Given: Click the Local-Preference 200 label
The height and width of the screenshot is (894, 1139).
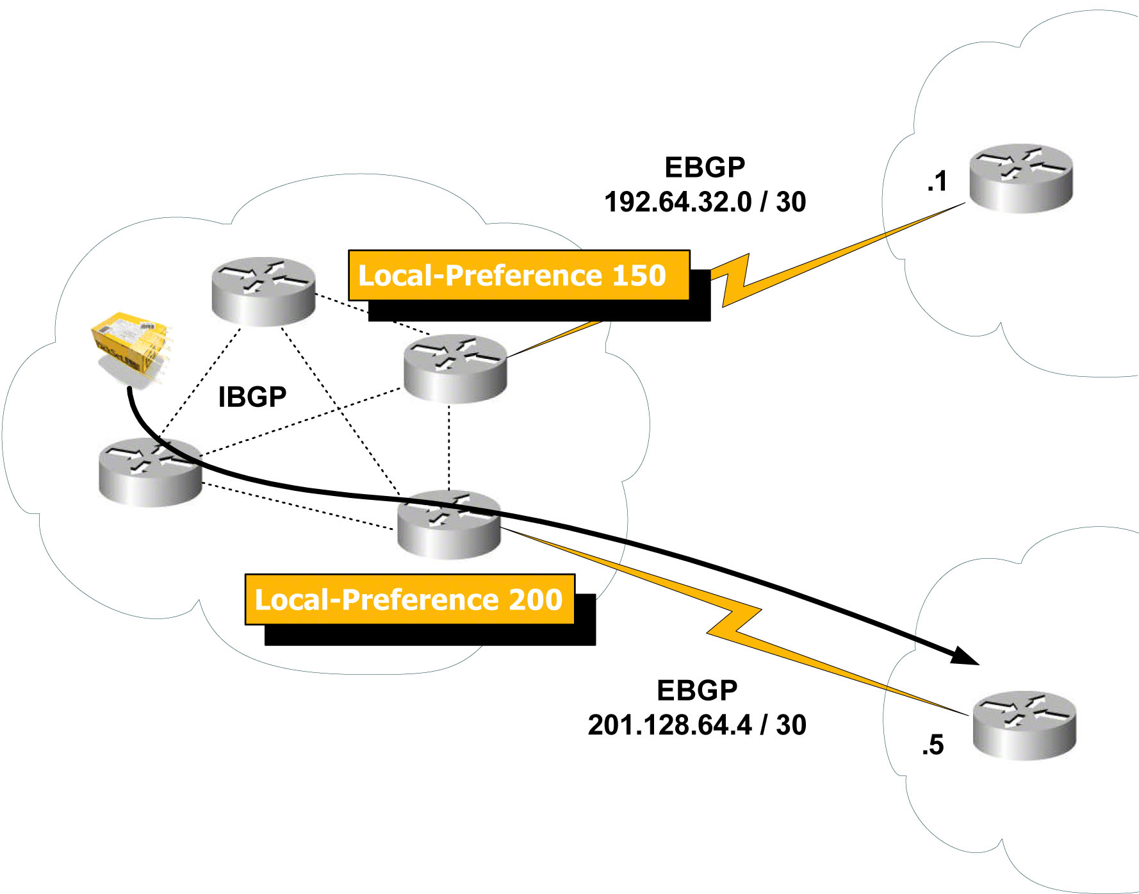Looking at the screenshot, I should (x=409, y=600).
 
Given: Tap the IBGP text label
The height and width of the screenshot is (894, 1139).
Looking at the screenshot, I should (x=252, y=397).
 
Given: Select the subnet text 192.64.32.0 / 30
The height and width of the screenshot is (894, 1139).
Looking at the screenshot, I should (x=705, y=202).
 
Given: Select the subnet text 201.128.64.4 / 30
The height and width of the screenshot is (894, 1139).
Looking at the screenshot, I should (x=696, y=725).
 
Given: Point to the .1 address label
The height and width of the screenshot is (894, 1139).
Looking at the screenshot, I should (x=937, y=181).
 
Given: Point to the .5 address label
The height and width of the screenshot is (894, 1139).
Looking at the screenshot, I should (x=933, y=745).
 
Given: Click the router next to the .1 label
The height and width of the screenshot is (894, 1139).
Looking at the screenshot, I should (x=1020, y=178).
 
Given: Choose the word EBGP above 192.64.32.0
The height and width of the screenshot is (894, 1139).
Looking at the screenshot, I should (x=705, y=167).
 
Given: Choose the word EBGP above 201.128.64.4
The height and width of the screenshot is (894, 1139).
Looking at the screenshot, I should (x=696, y=690).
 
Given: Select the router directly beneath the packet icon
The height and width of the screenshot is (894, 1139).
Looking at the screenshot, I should (x=151, y=472).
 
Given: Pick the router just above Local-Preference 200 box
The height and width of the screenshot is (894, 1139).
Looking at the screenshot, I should (x=448, y=524).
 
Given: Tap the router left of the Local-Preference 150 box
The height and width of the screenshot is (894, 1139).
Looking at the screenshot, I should (x=263, y=292).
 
